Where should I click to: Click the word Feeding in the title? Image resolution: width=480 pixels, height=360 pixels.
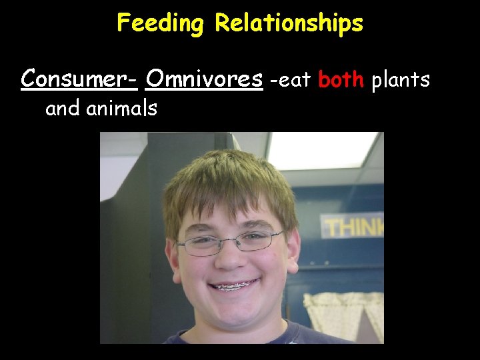(159, 24)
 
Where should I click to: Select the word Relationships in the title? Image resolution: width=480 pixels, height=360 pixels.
(289, 24)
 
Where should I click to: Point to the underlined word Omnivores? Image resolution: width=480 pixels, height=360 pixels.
(204, 79)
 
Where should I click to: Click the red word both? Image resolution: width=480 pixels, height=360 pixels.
(341, 80)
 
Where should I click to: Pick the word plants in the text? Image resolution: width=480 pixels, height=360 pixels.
(401, 81)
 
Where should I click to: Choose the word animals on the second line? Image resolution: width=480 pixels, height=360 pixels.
(122, 108)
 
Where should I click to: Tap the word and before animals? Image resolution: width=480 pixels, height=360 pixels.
(63, 108)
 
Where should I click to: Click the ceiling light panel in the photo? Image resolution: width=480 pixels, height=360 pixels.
(320, 150)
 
